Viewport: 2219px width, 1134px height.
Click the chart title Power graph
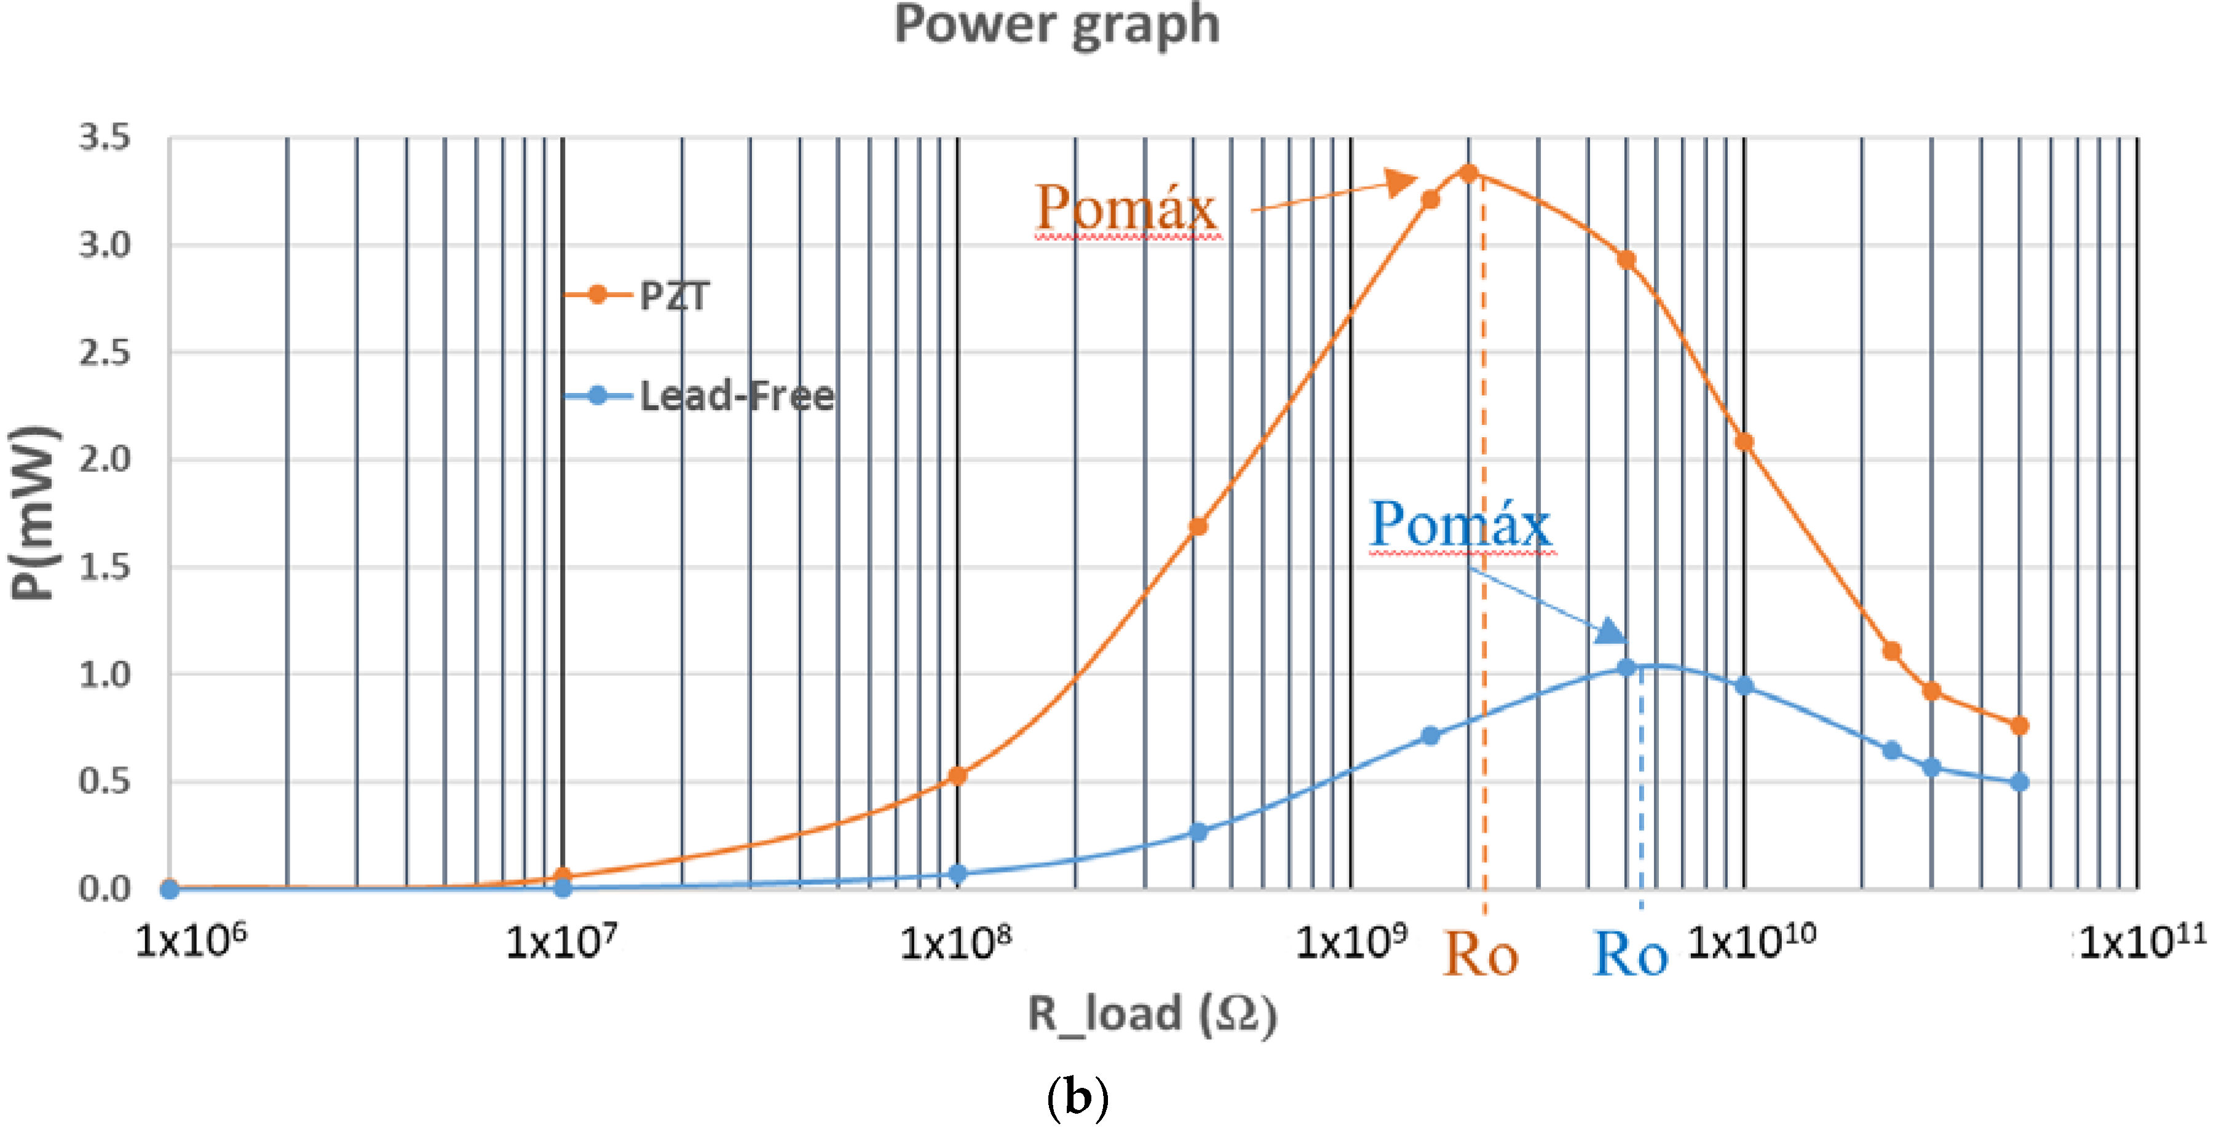pyautogui.click(x=1056, y=26)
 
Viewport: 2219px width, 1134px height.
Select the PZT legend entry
pyautogui.click(x=674, y=296)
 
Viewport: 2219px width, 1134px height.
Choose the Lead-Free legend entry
pyautogui.click(x=737, y=397)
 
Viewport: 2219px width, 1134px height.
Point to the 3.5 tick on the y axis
pyautogui.click(x=105, y=138)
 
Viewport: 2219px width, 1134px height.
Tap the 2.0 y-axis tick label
pyautogui.click(x=105, y=459)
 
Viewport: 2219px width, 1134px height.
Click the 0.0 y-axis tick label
pyautogui.click(x=105, y=889)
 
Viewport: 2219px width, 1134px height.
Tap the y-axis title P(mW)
pyautogui.click(x=33, y=513)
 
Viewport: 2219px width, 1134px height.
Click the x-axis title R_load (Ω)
pyautogui.click(x=1152, y=1013)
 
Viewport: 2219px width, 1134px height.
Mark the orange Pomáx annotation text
pyautogui.click(x=1126, y=208)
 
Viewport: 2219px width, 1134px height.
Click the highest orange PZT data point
pyautogui.click(x=1469, y=173)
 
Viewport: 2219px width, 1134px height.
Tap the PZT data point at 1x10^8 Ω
pyautogui.click(x=957, y=776)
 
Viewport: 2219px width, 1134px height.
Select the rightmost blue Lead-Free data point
pyautogui.click(x=2020, y=782)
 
